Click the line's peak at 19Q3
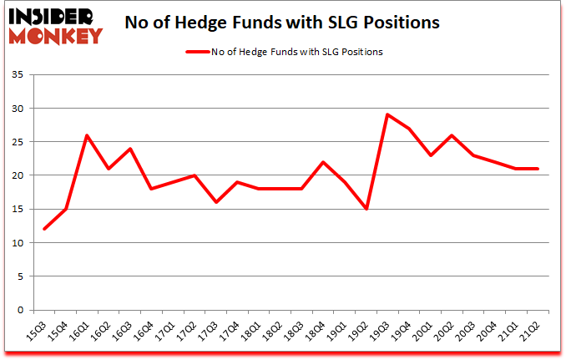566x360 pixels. (x=387, y=114)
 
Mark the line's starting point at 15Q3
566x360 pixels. (x=44, y=229)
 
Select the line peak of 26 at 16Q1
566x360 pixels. (x=87, y=135)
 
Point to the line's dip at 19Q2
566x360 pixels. (x=366, y=209)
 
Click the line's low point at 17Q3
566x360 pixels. (x=215, y=202)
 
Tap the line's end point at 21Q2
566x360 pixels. (x=537, y=169)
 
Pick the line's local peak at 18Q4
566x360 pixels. (x=323, y=162)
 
